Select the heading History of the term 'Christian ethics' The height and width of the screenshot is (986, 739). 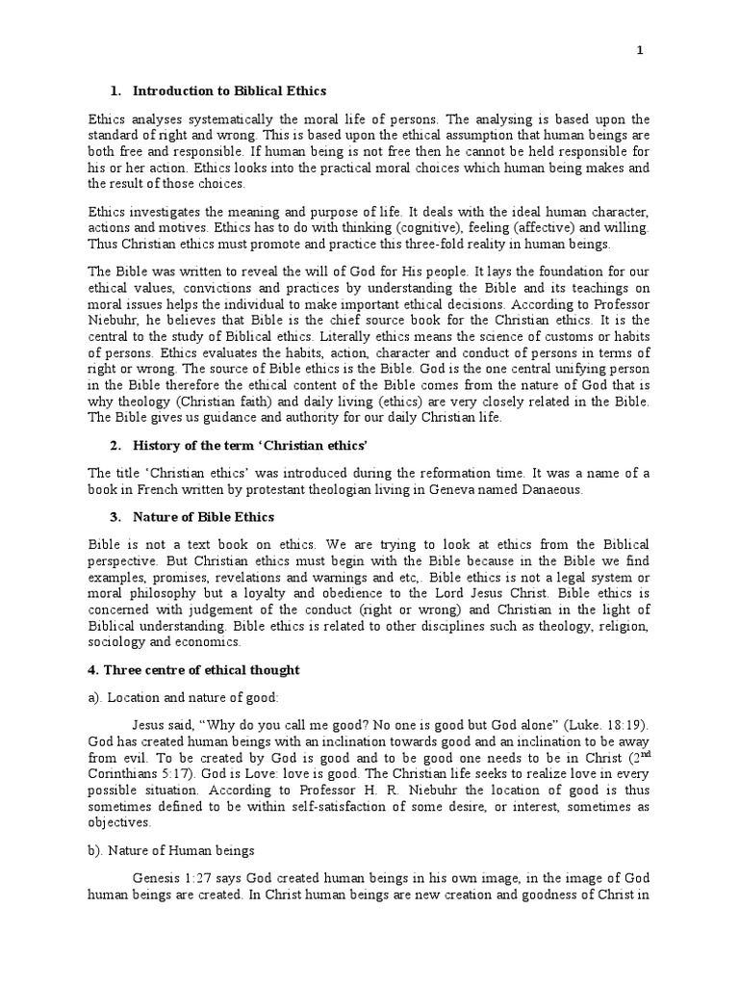tap(239, 446)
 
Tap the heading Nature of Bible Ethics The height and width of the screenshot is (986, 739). tap(204, 518)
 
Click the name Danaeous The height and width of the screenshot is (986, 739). tap(552, 490)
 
